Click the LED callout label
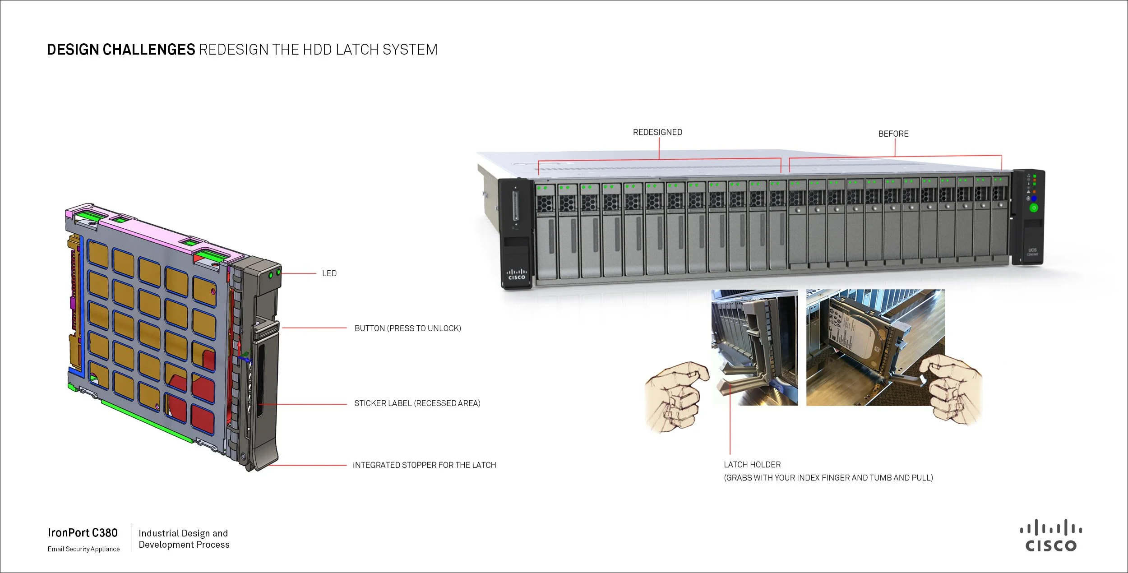coord(329,273)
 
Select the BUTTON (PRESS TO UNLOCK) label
coord(407,328)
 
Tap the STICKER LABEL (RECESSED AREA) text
coord(417,403)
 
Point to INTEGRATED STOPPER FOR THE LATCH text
coord(424,465)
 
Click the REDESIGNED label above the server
coord(657,132)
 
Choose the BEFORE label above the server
coord(893,134)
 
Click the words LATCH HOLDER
coord(752,465)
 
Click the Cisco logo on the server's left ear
coord(517,274)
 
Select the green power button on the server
coord(1033,208)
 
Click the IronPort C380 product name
coord(83,533)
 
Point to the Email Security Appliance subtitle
coord(83,549)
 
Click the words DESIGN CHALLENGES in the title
coord(121,50)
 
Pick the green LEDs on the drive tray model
coord(274,273)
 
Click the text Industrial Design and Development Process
coord(184,539)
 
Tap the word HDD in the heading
coord(317,50)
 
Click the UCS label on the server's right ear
coord(1032,250)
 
